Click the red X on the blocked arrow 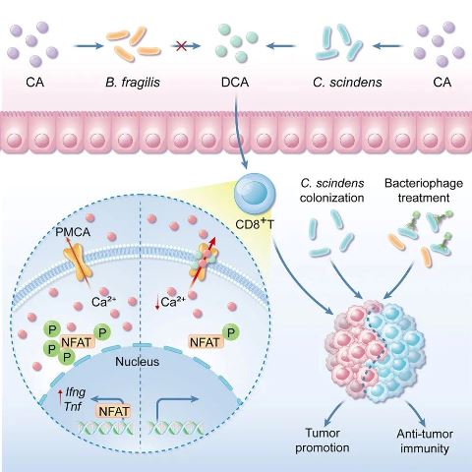[181, 46]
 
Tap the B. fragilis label [133, 82]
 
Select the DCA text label [235, 82]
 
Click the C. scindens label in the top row [347, 82]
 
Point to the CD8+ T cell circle [255, 194]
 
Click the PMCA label [73, 232]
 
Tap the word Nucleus [138, 362]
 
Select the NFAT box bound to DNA [114, 411]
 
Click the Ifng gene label [76, 392]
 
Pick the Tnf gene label [73, 407]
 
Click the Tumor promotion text [323, 441]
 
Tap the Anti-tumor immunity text [425, 442]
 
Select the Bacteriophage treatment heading [424, 191]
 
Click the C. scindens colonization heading [331, 191]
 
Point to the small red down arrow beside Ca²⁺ [157, 302]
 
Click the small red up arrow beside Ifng [60, 399]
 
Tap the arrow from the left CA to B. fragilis [88, 46]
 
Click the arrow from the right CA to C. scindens [387, 46]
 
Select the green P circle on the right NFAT [231, 333]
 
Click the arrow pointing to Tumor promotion [333, 414]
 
